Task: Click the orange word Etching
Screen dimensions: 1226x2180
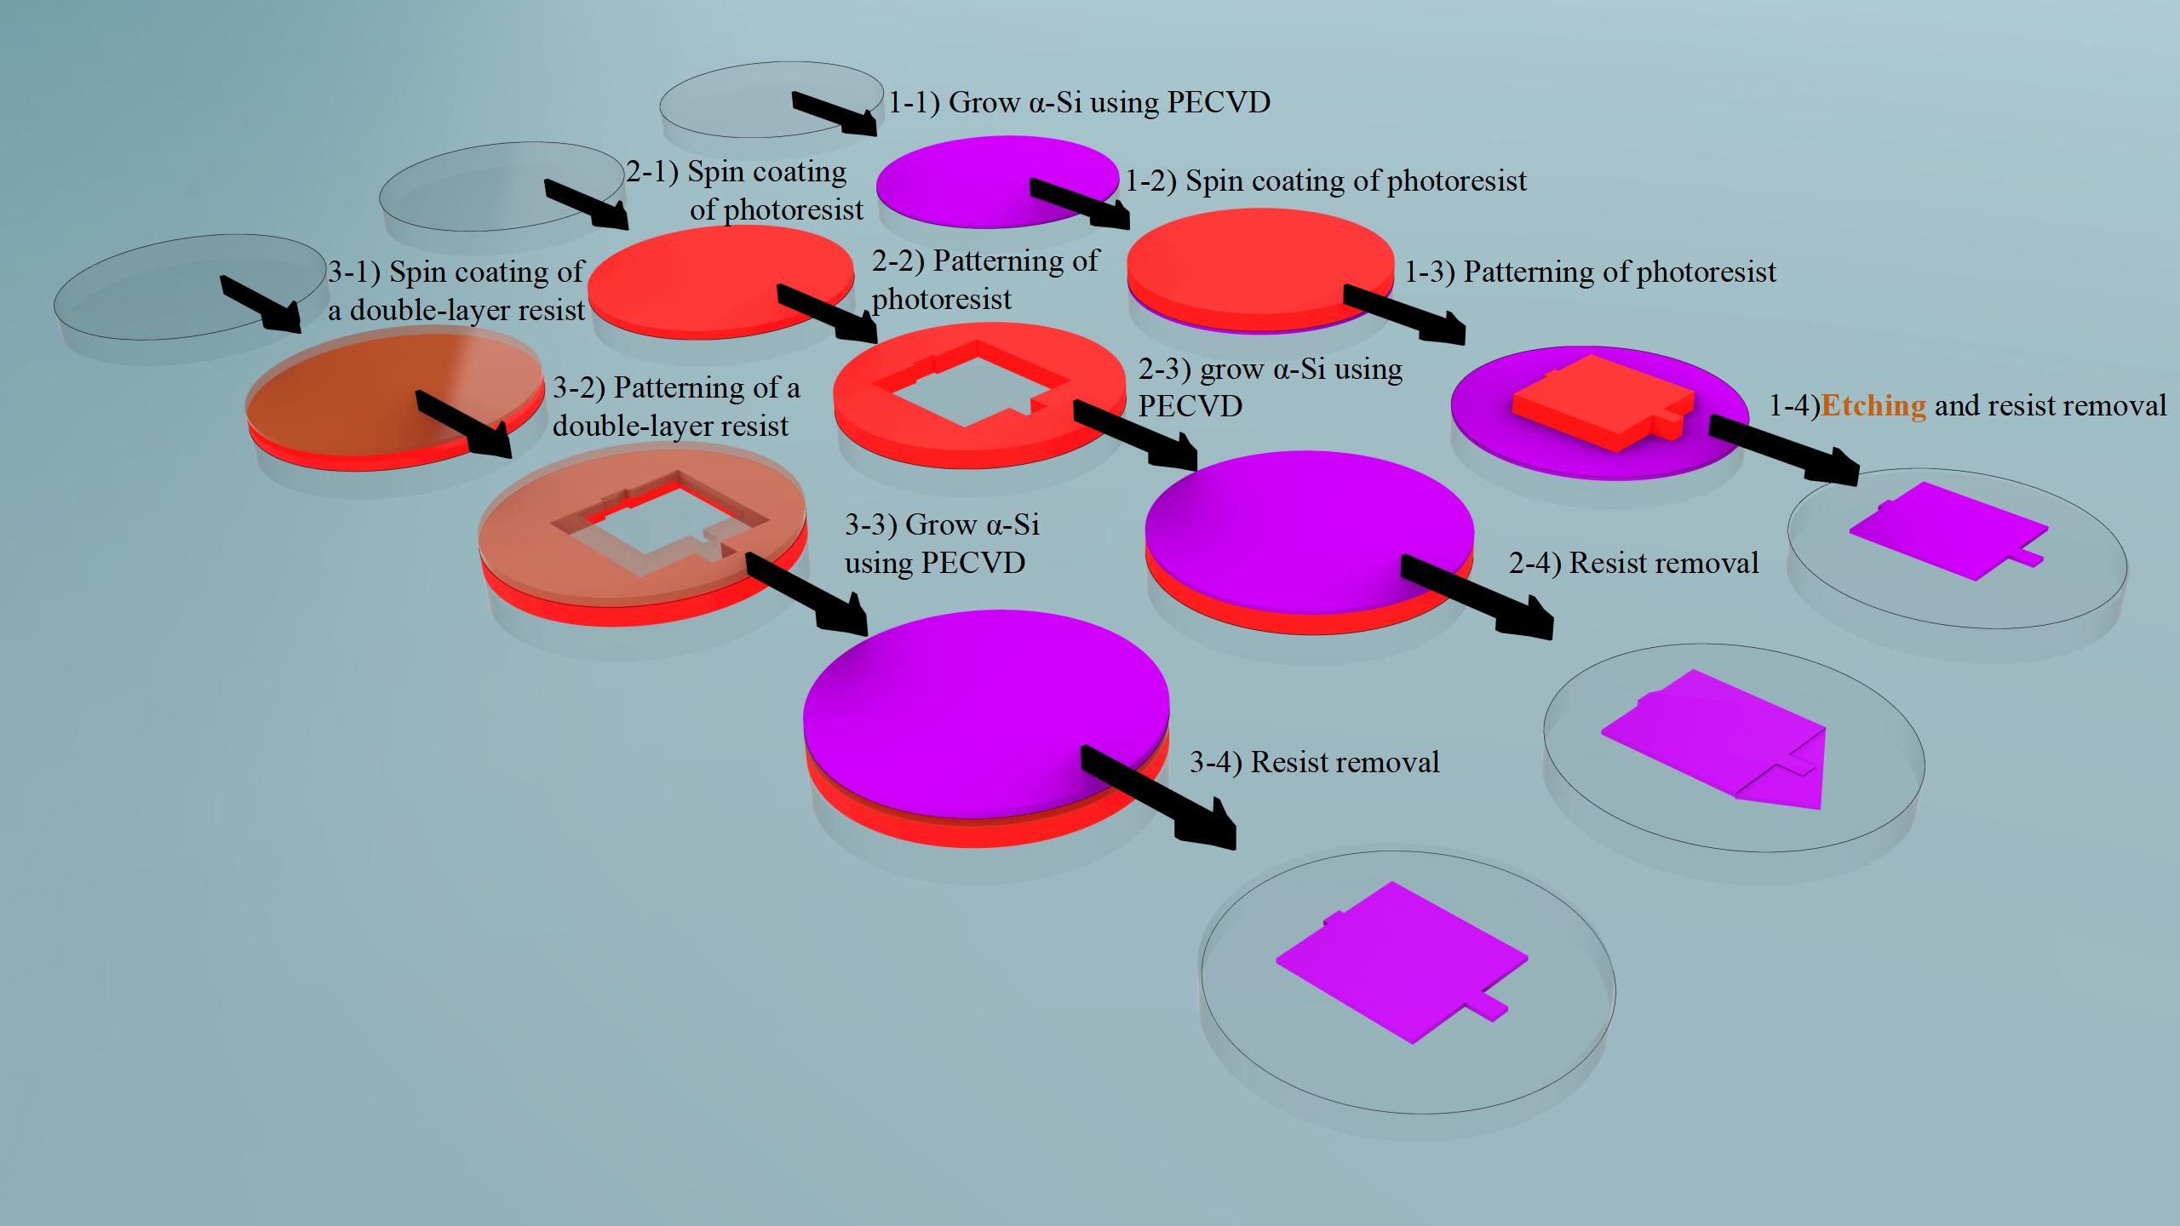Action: [1873, 406]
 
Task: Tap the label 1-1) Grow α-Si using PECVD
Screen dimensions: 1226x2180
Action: [1079, 103]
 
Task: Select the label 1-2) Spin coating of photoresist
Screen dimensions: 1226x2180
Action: [1326, 181]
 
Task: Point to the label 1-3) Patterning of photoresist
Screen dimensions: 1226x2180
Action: [1590, 272]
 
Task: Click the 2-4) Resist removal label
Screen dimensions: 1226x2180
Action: [1633, 564]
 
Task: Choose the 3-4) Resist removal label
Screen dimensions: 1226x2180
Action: [1314, 762]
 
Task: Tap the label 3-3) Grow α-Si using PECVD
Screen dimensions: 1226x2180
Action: [941, 543]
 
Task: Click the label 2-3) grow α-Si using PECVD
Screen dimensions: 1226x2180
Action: [1270, 387]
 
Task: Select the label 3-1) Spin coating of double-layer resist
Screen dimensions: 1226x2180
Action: [456, 290]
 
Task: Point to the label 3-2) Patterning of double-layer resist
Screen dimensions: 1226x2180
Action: [676, 406]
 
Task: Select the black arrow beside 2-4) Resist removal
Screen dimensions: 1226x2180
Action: [1478, 596]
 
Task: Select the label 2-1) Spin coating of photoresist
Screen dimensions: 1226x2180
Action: [744, 191]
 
